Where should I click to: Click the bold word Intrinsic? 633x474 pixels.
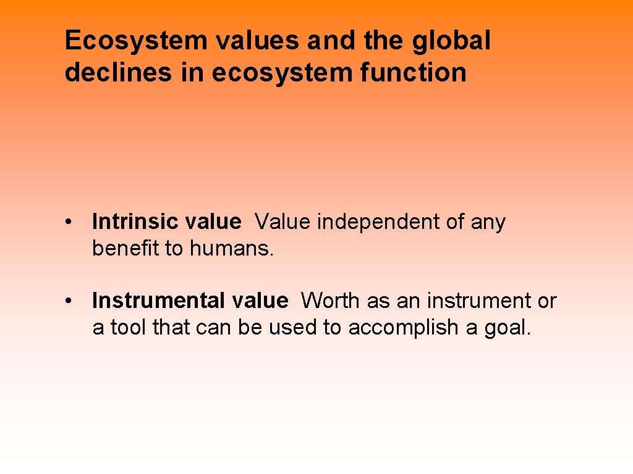(x=132, y=222)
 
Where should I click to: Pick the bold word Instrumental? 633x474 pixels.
(x=158, y=301)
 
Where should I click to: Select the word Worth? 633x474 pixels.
(x=331, y=301)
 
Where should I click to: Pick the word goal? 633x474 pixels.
(x=507, y=328)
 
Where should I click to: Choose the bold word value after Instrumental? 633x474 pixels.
(x=260, y=301)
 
